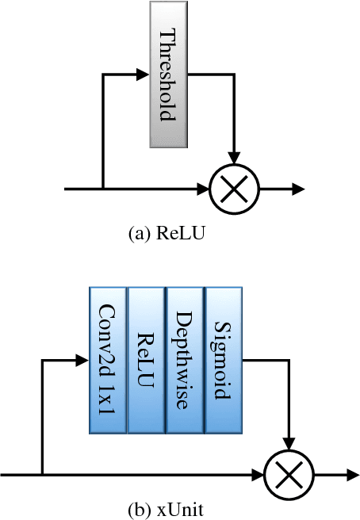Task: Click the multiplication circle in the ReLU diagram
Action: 233,189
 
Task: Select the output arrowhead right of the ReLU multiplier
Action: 298,189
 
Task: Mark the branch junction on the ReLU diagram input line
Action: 104,189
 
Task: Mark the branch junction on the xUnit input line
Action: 41,475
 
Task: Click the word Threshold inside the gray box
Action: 167,75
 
